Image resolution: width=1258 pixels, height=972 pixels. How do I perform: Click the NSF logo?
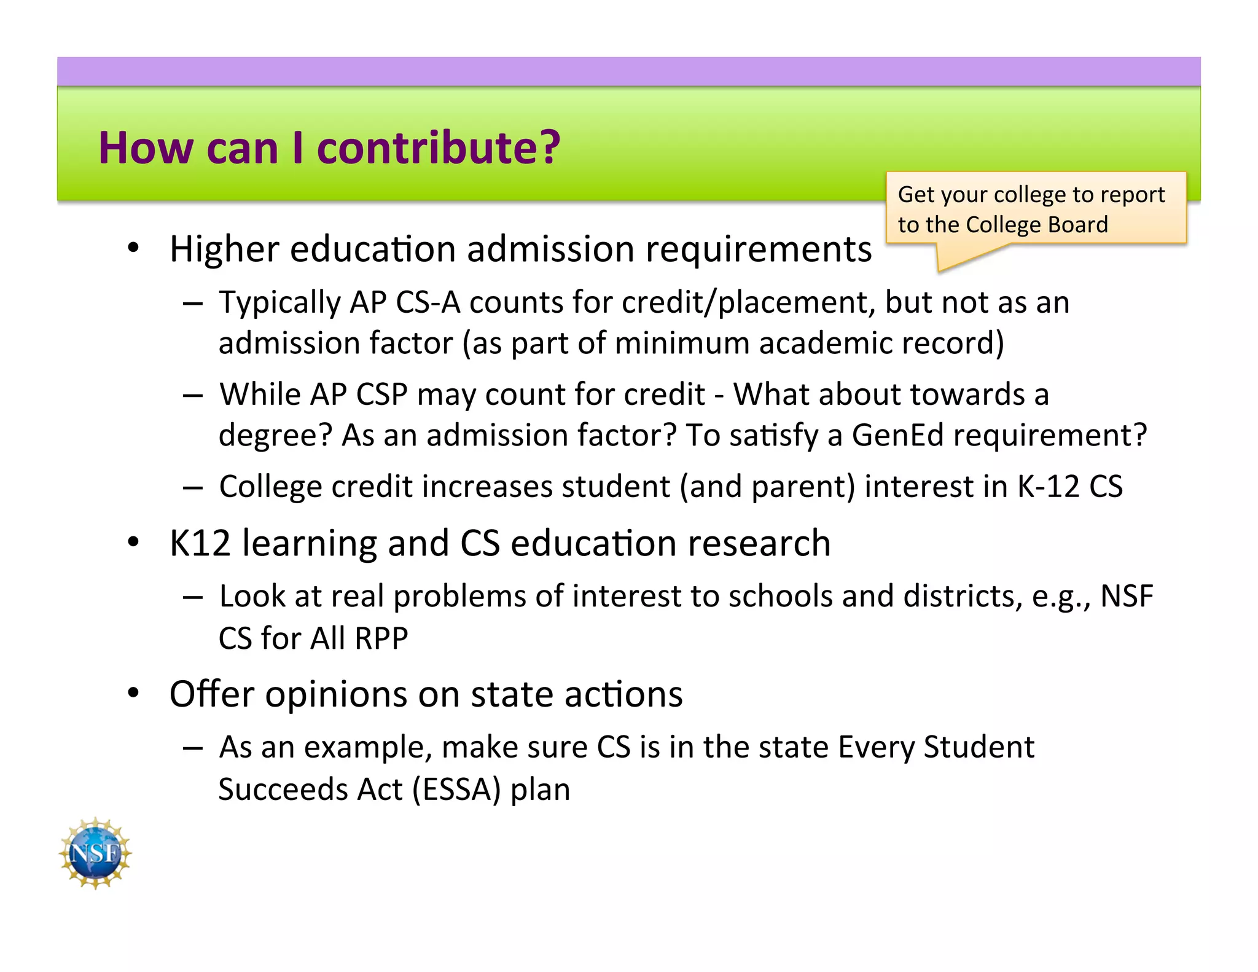pos(95,853)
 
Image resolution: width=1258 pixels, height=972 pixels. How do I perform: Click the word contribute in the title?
pos(439,148)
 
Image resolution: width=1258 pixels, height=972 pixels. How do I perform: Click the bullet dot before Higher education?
pos(133,248)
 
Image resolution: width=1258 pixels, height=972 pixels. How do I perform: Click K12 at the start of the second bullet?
pos(200,543)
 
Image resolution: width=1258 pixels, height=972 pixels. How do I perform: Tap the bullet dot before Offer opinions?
pos(133,693)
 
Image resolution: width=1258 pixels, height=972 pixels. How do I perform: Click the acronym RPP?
pos(381,638)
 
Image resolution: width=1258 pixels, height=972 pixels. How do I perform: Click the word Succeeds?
pos(283,790)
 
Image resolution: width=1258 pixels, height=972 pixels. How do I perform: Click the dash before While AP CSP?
pos(193,396)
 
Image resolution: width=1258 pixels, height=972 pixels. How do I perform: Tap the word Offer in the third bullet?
pos(211,694)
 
